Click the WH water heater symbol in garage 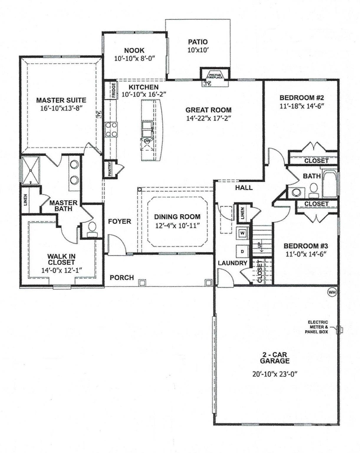(332, 292)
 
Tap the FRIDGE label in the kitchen (114, 90)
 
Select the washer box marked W (242, 233)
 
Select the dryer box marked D (242, 252)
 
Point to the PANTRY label (109, 169)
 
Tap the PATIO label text (198, 42)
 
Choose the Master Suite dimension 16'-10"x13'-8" (61, 108)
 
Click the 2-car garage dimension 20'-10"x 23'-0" (274, 374)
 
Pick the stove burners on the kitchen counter (111, 129)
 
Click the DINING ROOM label (177, 217)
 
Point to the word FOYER (119, 221)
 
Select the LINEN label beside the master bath (26, 200)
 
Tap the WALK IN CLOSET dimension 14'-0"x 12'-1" (61, 269)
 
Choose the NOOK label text (134, 51)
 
